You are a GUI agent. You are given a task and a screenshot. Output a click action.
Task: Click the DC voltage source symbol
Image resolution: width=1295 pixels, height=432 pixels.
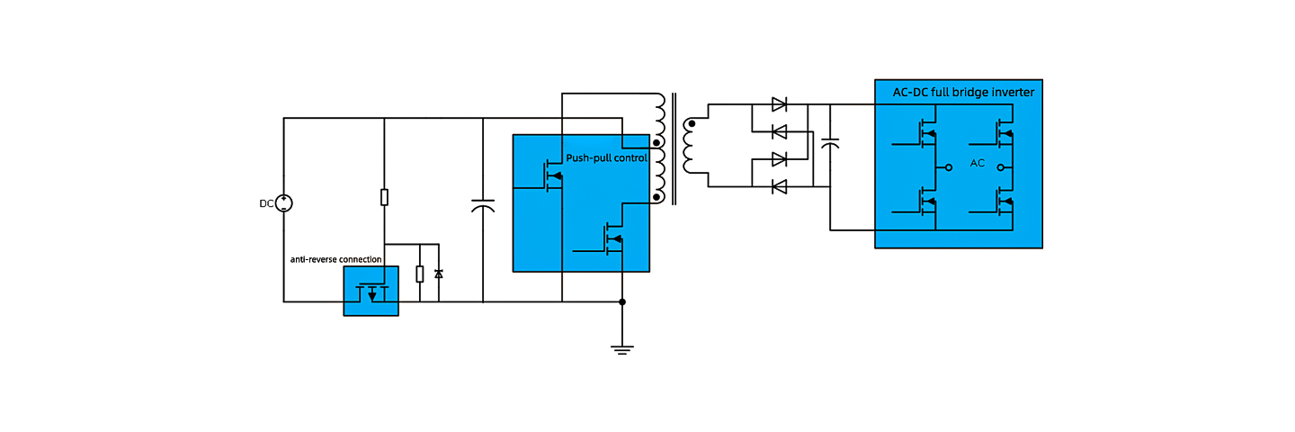point(284,203)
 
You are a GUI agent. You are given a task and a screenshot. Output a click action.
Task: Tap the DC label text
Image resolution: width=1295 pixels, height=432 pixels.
point(266,203)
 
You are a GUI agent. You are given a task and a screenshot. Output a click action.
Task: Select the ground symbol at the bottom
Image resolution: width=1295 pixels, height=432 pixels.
point(622,350)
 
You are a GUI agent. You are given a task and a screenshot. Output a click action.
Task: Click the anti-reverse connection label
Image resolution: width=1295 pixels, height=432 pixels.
point(336,260)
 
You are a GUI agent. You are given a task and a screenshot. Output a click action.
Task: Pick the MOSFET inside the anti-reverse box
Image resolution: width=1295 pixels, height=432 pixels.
point(371,293)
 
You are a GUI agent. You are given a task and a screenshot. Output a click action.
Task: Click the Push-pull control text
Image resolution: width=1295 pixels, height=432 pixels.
point(606,157)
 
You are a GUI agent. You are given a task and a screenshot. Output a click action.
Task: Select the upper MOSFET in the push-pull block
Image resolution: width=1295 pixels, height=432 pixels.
point(552,175)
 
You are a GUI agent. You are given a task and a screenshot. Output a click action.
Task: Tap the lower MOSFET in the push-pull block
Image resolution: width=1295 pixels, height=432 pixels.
point(612,238)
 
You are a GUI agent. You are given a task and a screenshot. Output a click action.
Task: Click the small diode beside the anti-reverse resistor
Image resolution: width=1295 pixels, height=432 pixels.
point(439,274)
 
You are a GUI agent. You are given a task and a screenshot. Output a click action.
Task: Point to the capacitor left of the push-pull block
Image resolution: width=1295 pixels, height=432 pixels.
point(483,205)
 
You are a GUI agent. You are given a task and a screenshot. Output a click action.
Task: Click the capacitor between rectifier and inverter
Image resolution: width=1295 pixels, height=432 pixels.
point(830,143)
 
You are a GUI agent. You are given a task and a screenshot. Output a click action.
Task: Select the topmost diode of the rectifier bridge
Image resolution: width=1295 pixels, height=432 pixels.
point(780,104)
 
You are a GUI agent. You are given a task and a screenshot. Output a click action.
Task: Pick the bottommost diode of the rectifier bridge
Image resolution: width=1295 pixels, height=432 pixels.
point(780,187)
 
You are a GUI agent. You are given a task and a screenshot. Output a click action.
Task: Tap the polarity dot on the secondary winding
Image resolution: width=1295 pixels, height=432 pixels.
point(692,124)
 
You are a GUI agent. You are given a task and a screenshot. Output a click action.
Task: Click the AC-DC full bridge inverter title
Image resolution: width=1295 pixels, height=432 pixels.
point(963,93)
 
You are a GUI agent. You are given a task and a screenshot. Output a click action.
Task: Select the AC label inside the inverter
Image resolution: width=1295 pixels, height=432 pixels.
point(977,163)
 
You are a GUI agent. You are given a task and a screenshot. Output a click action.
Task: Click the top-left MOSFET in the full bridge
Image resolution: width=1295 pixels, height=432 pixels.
point(926,133)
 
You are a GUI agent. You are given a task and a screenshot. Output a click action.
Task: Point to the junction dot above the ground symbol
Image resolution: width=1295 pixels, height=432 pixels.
point(622,301)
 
